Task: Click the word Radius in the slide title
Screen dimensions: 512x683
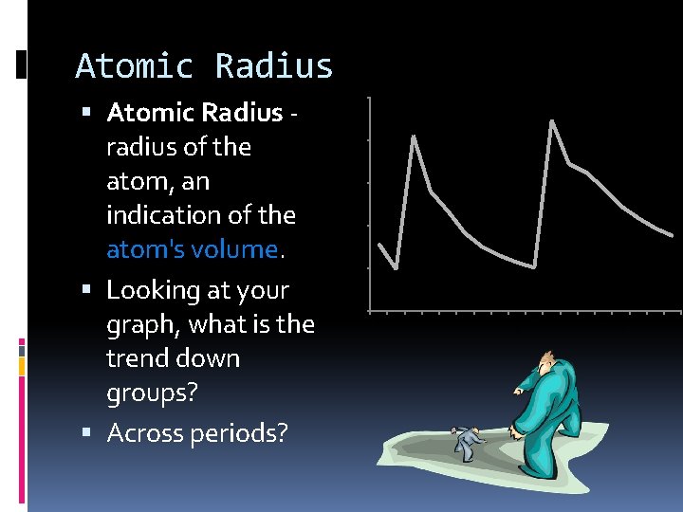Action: pos(274,66)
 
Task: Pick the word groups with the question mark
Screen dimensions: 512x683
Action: pos(152,393)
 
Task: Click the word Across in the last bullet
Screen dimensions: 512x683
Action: pos(146,432)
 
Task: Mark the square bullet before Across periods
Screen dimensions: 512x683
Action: pos(87,433)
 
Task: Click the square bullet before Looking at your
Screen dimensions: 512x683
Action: pos(87,290)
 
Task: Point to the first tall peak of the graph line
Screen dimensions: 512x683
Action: pos(414,137)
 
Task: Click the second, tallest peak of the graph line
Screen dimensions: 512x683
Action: pos(552,120)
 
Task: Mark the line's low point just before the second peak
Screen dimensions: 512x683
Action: pos(535,267)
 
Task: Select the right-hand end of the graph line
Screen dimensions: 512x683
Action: pos(673,235)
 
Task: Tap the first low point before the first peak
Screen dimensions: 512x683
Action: pos(397,268)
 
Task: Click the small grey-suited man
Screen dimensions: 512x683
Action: pos(466,442)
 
